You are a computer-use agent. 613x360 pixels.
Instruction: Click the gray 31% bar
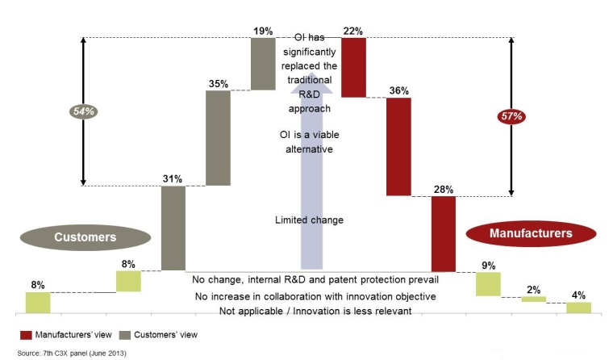(173, 228)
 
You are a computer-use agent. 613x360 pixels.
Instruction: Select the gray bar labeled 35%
(219, 138)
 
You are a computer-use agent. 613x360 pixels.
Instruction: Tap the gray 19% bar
(263, 63)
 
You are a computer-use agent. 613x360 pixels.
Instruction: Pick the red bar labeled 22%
(353, 67)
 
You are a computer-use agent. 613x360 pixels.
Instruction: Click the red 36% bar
(398, 146)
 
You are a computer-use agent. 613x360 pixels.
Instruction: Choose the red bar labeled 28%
(444, 233)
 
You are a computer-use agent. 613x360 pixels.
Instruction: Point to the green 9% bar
(488, 283)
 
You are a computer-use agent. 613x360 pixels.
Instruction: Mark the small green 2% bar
(533, 299)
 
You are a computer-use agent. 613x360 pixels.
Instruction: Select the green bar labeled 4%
(578, 307)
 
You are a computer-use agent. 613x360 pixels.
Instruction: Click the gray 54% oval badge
(82, 112)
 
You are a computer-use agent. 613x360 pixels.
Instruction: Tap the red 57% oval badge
(511, 116)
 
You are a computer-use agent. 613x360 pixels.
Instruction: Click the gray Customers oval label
(85, 237)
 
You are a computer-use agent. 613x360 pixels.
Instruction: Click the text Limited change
(309, 220)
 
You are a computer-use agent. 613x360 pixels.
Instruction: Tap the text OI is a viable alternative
(310, 142)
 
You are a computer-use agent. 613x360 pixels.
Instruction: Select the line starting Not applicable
(315, 311)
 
